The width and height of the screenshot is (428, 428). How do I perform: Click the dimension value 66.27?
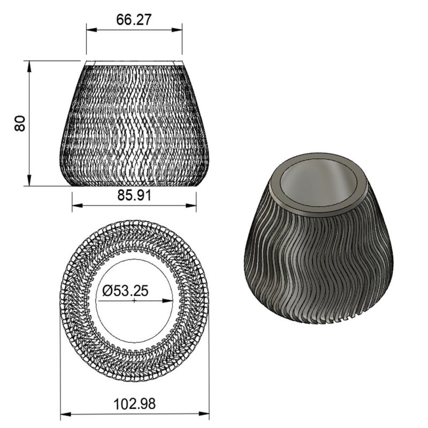click(x=134, y=20)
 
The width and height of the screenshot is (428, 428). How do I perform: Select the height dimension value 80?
click(x=20, y=124)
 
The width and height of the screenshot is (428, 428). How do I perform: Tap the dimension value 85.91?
click(x=134, y=196)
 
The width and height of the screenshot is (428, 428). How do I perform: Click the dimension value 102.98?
click(x=134, y=403)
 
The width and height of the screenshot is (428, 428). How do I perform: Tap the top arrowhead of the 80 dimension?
click(x=30, y=65)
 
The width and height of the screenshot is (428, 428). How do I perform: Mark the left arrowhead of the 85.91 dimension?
click(x=75, y=204)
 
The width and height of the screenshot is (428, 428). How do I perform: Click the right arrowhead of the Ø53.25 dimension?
click(x=170, y=301)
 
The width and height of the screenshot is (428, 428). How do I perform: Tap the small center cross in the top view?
click(x=134, y=301)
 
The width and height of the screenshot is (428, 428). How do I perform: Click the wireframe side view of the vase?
click(x=134, y=123)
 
